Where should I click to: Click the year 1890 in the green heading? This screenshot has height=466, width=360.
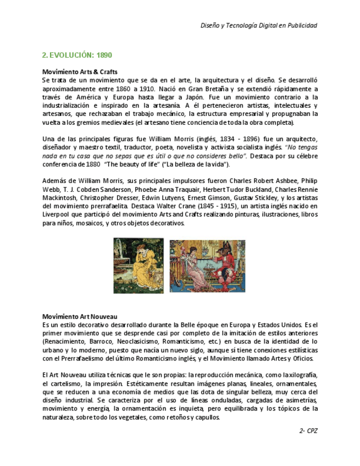[104, 56]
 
